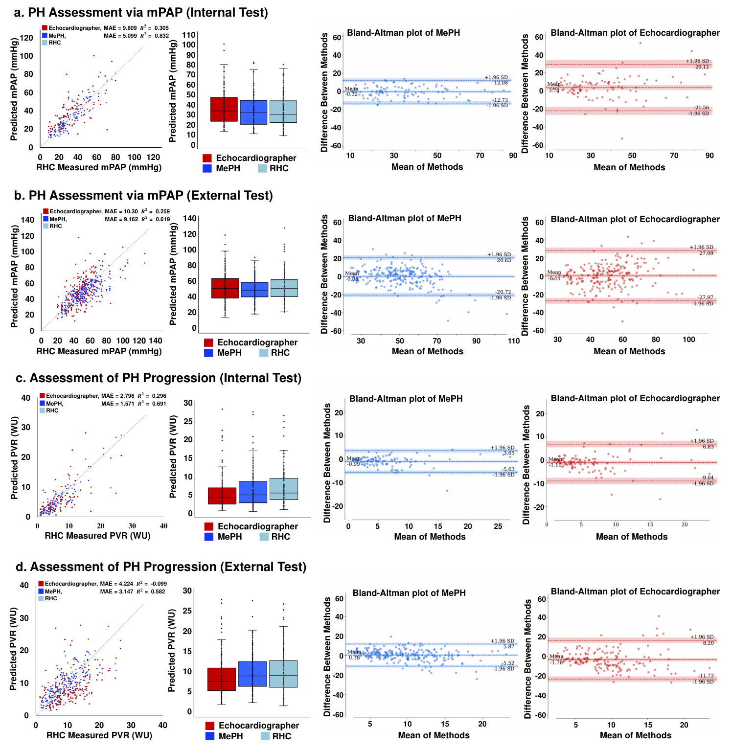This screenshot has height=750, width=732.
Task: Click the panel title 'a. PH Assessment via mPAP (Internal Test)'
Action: [141, 12]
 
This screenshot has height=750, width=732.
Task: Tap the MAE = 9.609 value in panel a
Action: [120, 28]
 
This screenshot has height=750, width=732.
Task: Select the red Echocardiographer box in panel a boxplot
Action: [224, 109]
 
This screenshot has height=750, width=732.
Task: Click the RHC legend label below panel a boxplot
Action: [279, 168]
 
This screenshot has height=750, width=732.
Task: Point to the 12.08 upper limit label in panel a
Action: [501, 83]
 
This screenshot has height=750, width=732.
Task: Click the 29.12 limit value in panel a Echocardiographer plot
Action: [702, 67]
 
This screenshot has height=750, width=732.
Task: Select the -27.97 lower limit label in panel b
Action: [706, 297]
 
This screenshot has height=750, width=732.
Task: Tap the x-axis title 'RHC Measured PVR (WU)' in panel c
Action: [97, 536]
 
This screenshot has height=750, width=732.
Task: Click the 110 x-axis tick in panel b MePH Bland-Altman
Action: [513, 341]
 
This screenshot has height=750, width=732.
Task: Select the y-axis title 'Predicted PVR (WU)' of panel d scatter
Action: [14, 649]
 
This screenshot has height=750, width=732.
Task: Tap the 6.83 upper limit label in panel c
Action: [708, 447]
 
